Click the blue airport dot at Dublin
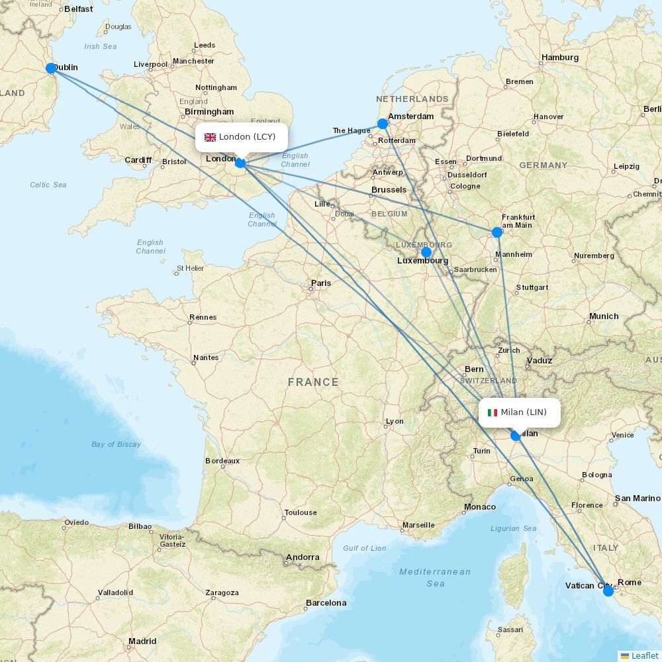click(51, 68)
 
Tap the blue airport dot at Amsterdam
click(383, 124)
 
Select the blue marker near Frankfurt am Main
click(497, 232)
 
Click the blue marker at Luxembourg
click(426, 252)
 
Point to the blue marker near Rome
click(608, 591)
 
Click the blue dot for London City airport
click(240, 162)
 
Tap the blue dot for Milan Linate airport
click(516, 436)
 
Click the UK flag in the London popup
click(210, 137)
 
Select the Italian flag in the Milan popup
click(492, 412)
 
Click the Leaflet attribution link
click(644, 655)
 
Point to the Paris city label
click(321, 283)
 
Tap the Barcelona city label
click(326, 603)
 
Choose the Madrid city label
click(142, 641)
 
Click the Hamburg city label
click(559, 58)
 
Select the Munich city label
click(604, 316)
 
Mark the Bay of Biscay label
click(116, 444)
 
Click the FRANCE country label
click(313, 382)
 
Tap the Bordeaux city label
click(222, 461)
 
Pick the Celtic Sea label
click(48, 185)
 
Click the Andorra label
click(303, 557)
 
